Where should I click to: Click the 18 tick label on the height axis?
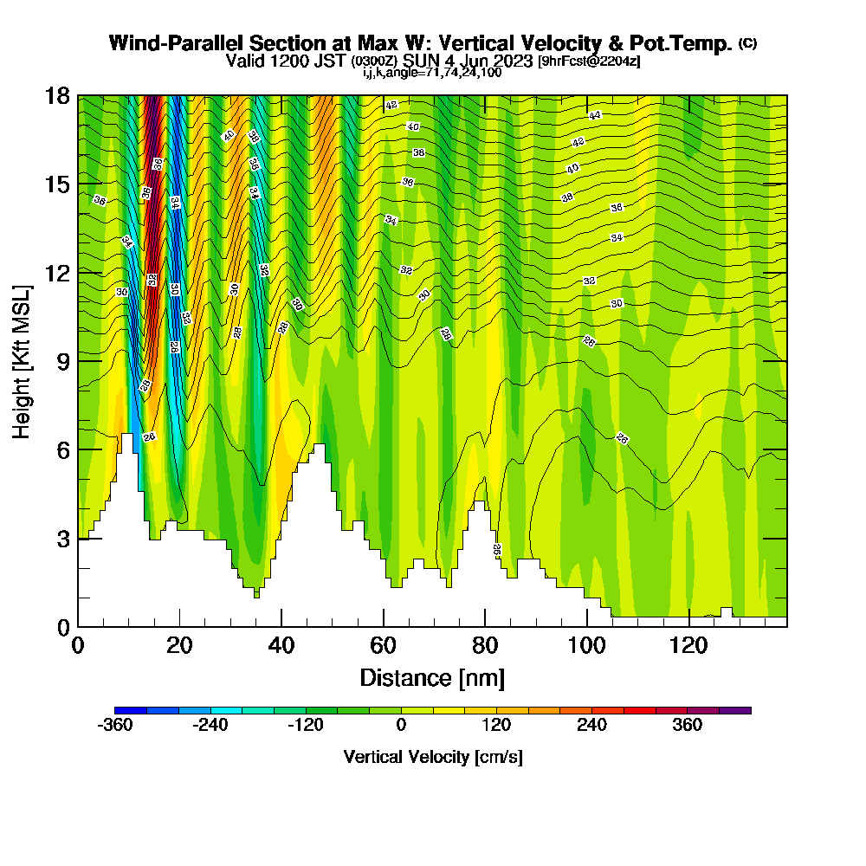pos(58,96)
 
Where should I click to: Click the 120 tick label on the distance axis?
pos(688,645)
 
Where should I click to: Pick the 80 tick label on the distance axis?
pos(485,645)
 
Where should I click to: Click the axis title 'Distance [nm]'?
pos(432,676)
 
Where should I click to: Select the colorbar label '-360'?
pos(115,725)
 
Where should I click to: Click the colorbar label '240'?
pos(592,725)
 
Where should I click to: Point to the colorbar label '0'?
pos(401,725)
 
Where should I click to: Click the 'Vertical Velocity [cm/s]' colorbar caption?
pos(433,757)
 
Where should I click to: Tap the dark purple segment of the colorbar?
pos(735,710)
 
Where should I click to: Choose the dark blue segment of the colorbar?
pos(131,710)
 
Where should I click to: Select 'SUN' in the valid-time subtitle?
pos(422,61)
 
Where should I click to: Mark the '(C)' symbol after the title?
pos(747,43)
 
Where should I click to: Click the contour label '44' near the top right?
pos(595,115)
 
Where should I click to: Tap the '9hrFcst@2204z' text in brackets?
pos(589,61)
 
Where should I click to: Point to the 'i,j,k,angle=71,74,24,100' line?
pos(432,73)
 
